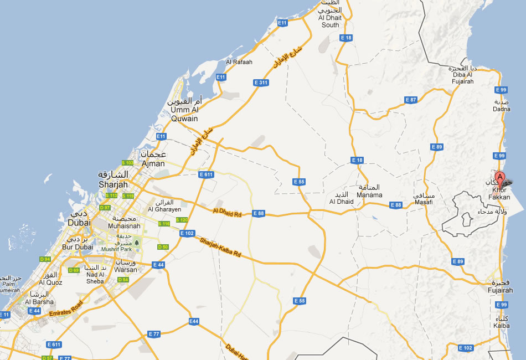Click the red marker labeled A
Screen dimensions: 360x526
click(500, 178)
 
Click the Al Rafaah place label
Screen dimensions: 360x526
click(239, 62)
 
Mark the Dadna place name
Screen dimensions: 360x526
click(502, 109)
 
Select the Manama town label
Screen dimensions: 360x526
click(369, 194)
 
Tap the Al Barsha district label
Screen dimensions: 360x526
click(39, 302)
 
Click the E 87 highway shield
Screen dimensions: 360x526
click(410, 100)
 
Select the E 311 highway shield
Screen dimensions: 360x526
click(261, 83)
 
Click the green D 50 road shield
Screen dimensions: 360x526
click(163, 247)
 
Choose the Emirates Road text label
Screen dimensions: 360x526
click(66, 308)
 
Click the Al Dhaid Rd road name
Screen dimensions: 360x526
click(228, 211)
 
